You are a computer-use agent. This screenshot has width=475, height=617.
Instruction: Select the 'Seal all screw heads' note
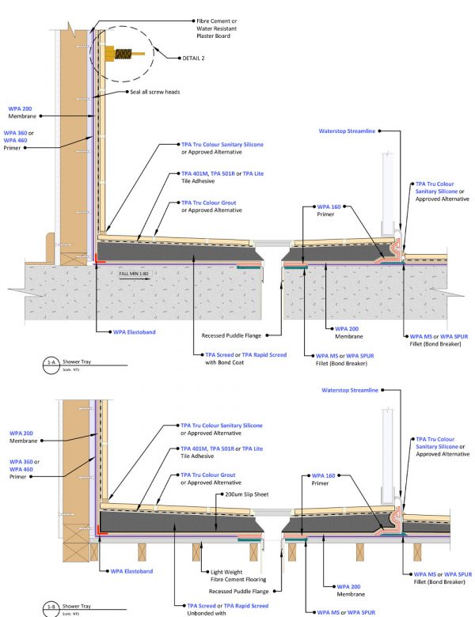(157, 92)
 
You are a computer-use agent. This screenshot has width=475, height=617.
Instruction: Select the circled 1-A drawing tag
(51, 361)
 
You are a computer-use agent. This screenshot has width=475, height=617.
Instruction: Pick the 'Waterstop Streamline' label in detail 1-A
(347, 131)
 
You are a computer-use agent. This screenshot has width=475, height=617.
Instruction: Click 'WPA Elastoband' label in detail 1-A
(130, 332)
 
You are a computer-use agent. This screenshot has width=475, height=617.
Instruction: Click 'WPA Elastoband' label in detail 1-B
(130, 570)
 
